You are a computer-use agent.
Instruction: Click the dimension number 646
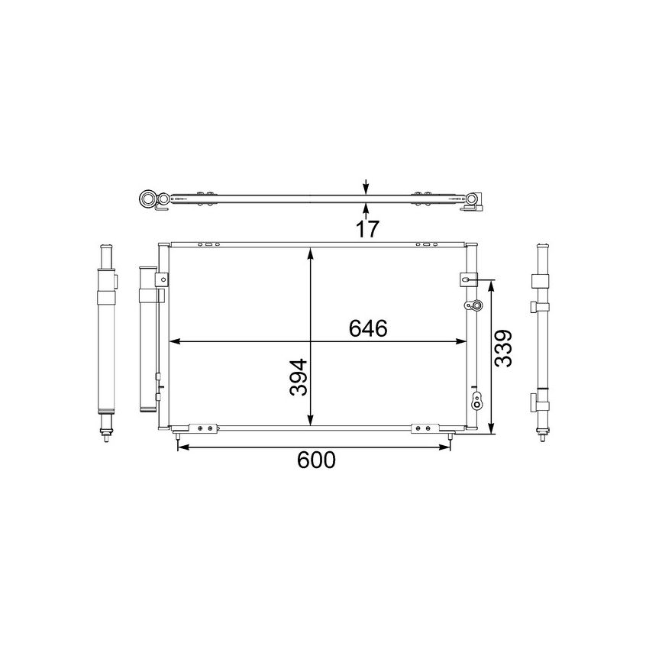(369, 328)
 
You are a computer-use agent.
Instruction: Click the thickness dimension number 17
(367, 228)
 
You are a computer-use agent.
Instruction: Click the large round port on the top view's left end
(147, 201)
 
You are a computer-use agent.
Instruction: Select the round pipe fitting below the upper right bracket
(474, 306)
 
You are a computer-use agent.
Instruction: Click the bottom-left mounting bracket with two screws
(201, 428)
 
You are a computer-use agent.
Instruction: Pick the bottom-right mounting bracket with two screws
(424, 428)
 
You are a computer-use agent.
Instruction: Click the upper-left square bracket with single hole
(161, 281)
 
